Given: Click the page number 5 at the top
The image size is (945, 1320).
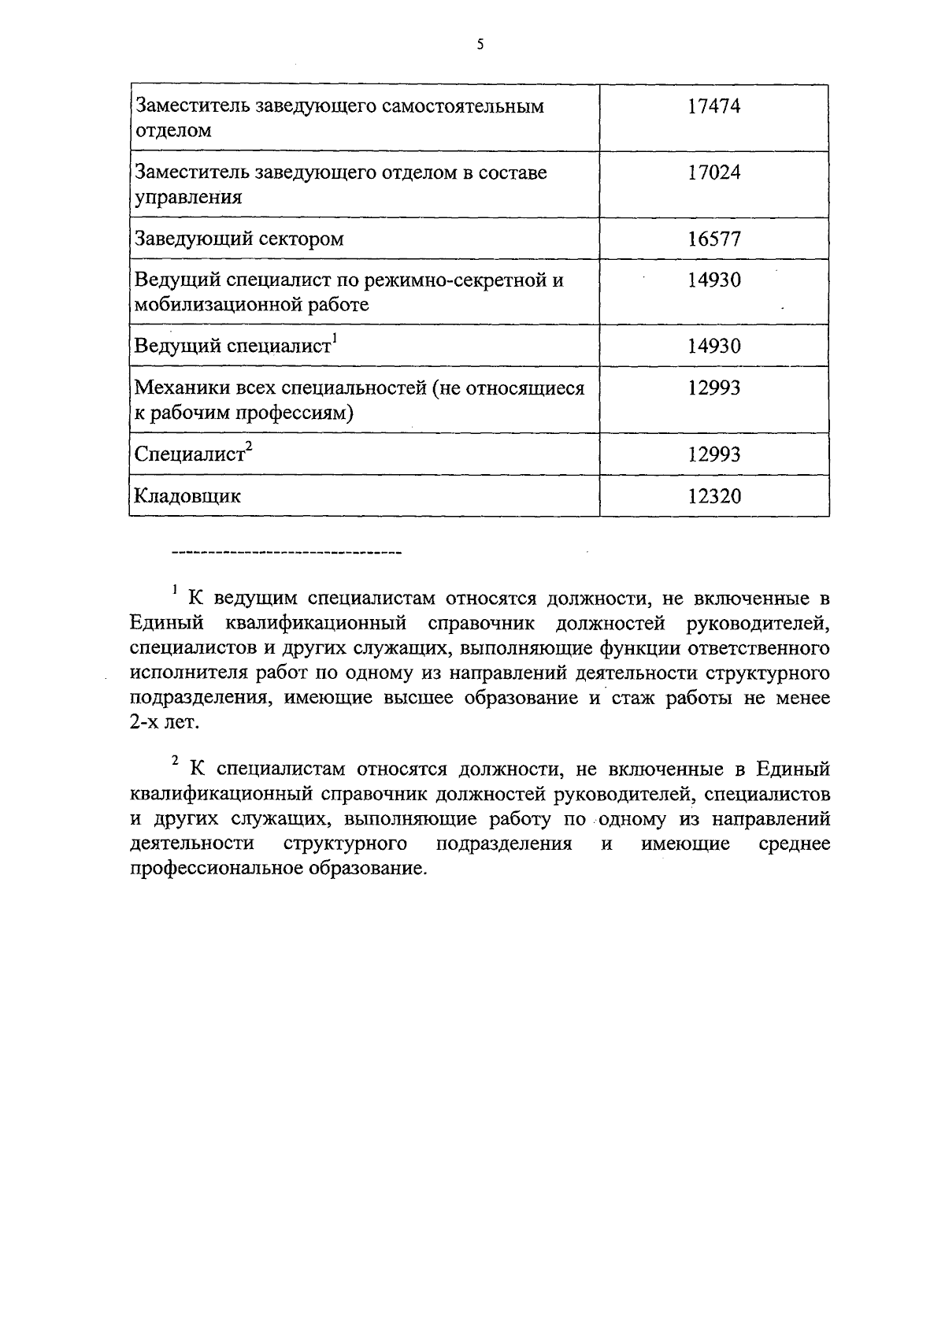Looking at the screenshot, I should pyautogui.click(x=480, y=46).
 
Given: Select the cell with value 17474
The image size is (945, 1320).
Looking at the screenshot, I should pyautogui.click(x=713, y=106).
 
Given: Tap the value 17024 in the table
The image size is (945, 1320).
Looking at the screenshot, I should pyautogui.click(x=713, y=172).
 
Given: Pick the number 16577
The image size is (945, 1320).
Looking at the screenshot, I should pyautogui.click(x=713, y=239).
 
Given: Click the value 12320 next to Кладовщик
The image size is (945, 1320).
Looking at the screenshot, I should pyautogui.click(x=713, y=496).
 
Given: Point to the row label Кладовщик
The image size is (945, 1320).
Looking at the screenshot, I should pyautogui.click(x=187, y=496).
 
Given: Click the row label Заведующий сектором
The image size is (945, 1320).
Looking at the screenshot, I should pyautogui.click(x=239, y=239).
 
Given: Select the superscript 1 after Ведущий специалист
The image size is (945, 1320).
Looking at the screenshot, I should pyautogui.click(x=335, y=339).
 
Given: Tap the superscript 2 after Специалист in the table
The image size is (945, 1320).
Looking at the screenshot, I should pyautogui.click(x=249, y=447).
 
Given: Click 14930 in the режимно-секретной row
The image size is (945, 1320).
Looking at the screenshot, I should pyautogui.click(x=713, y=280).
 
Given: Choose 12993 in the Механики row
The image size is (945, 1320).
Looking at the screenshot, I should pyautogui.click(x=713, y=388).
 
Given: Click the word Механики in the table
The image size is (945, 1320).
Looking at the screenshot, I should pyautogui.click(x=176, y=388).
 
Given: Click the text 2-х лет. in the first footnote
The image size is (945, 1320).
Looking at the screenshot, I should pyautogui.click(x=164, y=723).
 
